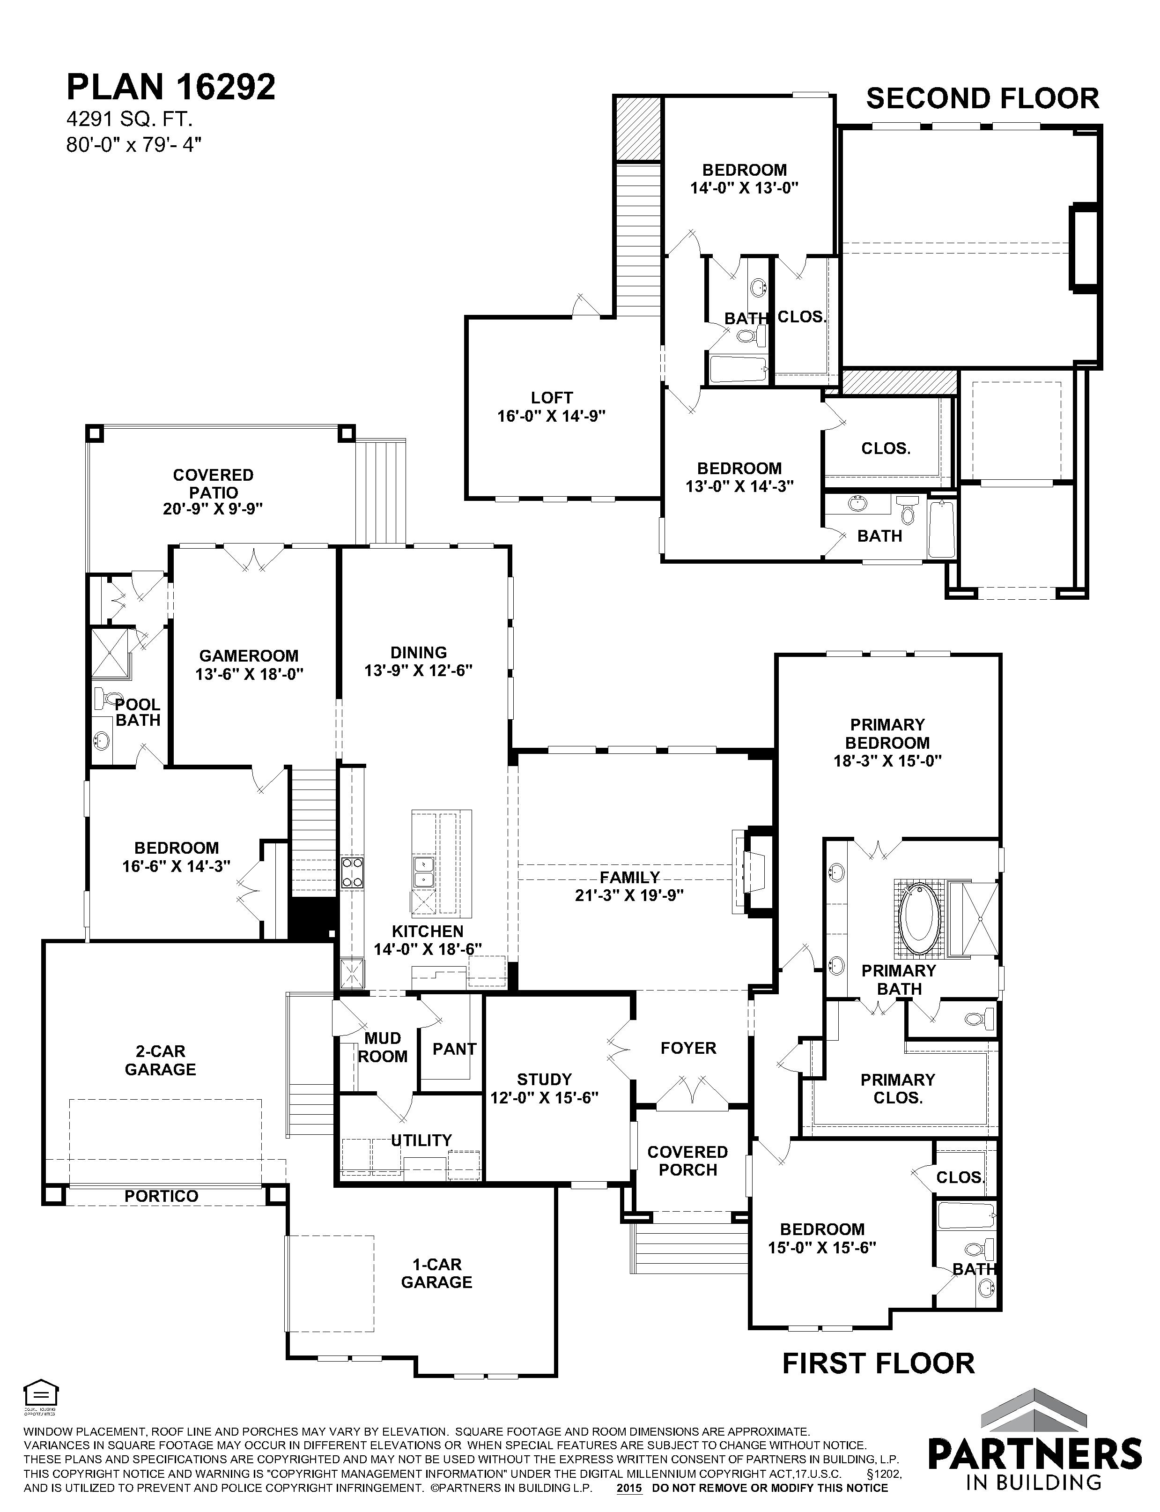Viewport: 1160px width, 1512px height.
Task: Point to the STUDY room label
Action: [x=544, y=1079]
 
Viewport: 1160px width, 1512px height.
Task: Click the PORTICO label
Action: [x=162, y=1196]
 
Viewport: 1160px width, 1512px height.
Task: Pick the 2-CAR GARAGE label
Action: [x=160, y=1060]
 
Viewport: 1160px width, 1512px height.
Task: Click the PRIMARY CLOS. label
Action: [x=898, y=1088]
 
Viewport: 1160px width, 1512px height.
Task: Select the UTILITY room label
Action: [x=421, y=1140]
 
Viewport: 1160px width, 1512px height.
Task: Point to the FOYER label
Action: [x=688, y=1048]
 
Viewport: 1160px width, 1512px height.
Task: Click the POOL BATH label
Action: [x=137, y=712]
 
